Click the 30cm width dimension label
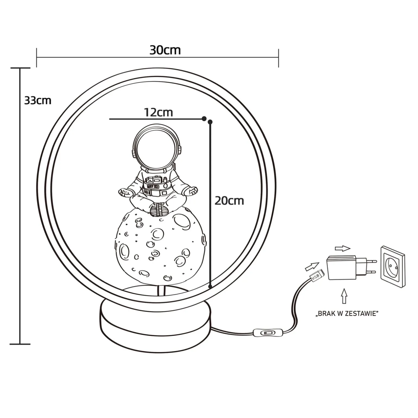click(165, 50)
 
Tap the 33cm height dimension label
click(38, 100)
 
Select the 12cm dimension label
click(158, 112)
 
